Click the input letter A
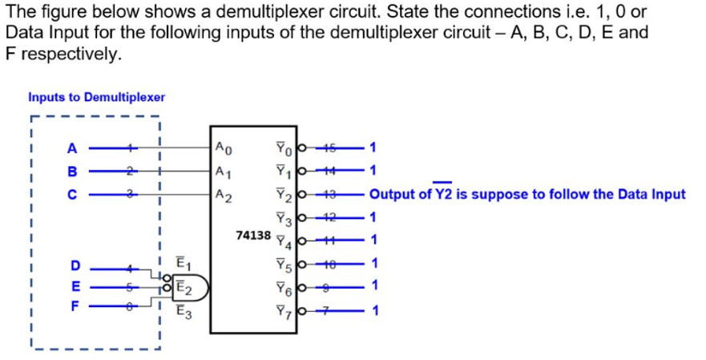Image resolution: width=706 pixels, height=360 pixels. (72, 148)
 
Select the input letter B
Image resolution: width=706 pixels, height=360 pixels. (72, 171)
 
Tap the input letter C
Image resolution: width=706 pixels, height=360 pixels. (72, 193)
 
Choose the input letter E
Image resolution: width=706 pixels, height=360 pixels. (75, 285)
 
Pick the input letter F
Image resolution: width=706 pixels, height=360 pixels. (75, 305)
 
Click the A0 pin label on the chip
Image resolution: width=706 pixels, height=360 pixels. (224, 147)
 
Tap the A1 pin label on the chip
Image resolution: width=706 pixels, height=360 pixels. (224, 171)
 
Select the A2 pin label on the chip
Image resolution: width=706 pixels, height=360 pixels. (224, 194)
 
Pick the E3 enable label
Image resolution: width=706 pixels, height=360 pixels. (181, 313)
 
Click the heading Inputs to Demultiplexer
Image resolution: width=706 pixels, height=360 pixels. (96, 97)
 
